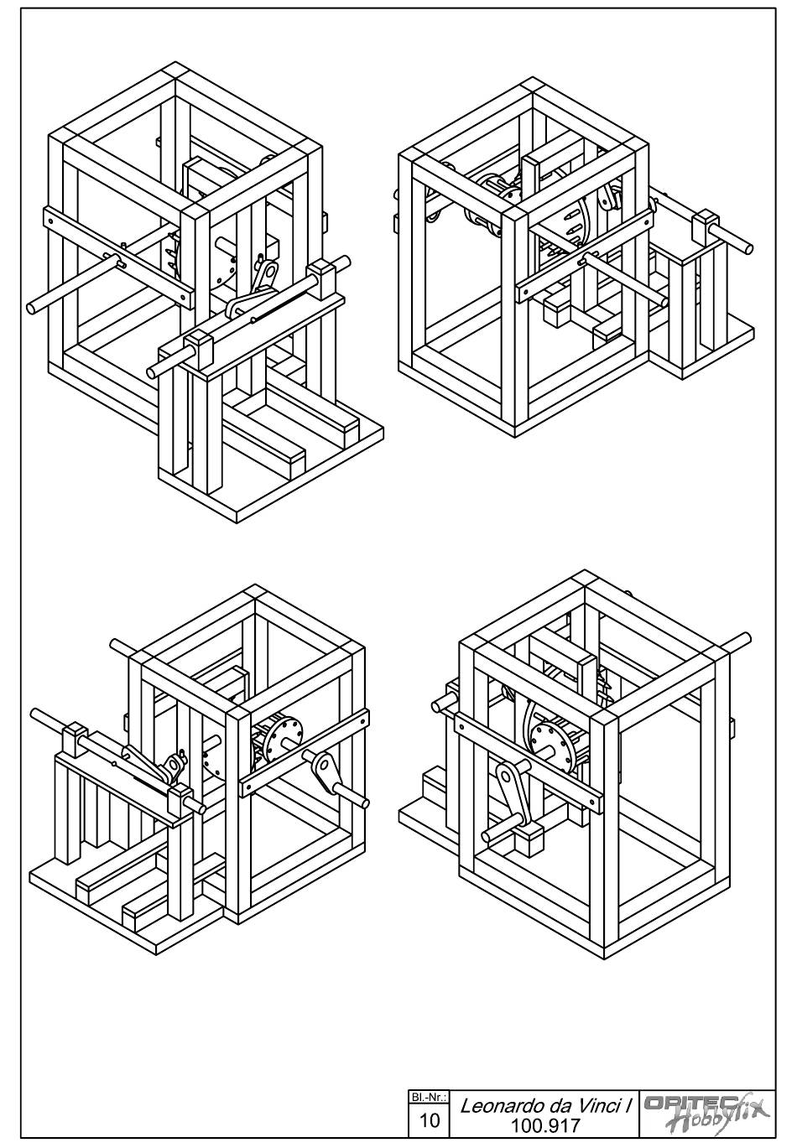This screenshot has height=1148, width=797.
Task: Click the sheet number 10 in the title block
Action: tap(429, 1119)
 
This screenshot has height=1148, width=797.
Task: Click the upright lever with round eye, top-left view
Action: tap(264, 275)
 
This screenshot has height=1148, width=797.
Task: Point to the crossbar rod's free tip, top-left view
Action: tap(32, 308)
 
